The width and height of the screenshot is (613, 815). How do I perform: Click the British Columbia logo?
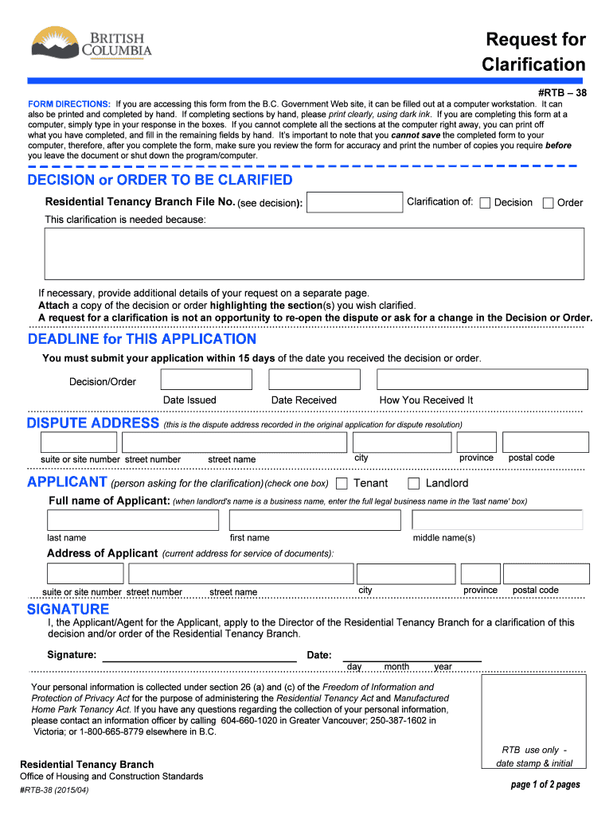tap(91, 44)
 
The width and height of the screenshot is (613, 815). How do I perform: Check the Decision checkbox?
tap(485, 203)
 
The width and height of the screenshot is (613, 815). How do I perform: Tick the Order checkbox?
tap(548, 203)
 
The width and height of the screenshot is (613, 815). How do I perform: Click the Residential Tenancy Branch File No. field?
tap(354, 203)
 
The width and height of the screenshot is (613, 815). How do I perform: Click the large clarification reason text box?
tap(314, 254)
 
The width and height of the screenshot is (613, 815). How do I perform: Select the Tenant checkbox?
tap(342, 483)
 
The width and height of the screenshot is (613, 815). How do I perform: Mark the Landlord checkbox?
tap(413, 483)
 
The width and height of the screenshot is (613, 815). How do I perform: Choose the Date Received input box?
tap(318, 380)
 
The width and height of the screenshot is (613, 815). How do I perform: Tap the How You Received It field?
tap(482, 380)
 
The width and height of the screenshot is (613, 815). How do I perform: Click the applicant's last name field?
tap(132, 521)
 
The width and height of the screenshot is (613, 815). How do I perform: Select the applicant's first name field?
tap(314, 521)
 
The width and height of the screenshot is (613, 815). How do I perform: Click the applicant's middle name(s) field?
tap(497, 521)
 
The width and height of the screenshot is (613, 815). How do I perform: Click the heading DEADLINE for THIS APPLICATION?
tap(142, 340)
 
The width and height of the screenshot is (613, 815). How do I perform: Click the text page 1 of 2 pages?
tap(545, 785)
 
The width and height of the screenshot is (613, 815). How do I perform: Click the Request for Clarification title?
tap(533, 52)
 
